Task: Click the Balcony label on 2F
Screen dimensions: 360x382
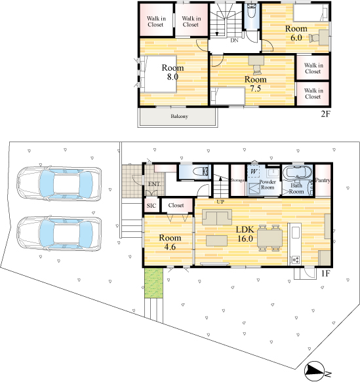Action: tap(179, 116)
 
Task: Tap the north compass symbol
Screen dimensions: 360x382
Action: tap(315, 372)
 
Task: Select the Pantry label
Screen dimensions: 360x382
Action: tap(323, 180)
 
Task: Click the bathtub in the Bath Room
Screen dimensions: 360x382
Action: tap(297, 173)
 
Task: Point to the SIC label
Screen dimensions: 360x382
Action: tap(151, 206)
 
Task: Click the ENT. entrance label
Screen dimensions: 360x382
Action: tap(154, 184)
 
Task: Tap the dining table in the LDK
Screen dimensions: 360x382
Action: tap(270, 238)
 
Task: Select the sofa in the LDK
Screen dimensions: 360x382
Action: tap(217, 217)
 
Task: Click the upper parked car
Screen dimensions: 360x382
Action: tap(59, 183)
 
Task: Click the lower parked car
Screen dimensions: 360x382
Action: tap(59, 234)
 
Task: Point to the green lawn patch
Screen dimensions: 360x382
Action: tap(153, 282)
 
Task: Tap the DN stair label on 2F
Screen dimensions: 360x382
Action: tap(234, 41)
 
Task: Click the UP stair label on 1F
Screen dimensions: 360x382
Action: tap(220, 202)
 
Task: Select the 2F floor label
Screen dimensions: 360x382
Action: tap(325, 114)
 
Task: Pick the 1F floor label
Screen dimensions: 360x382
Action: tap(325, 274)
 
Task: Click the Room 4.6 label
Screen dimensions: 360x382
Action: tap(170, 242)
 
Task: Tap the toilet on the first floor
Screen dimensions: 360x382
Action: tap(201, 172)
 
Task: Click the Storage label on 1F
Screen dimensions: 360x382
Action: tap(237, 180)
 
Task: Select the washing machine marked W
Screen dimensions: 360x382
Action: tap(254, 172)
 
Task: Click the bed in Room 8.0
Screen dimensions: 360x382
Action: tap(159, 74)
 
